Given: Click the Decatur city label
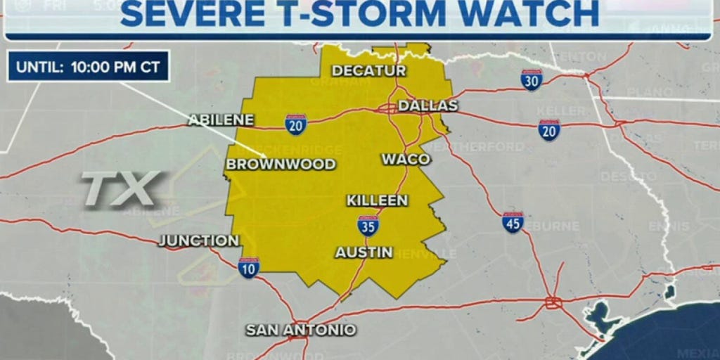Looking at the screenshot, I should click(368, 70).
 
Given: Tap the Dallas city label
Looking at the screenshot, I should click(427, 105).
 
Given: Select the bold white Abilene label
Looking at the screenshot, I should click(220, 120).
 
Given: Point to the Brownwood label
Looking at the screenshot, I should click(280, 165).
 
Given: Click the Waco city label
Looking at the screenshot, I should click(406, 159).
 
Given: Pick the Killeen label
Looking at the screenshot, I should click(377, 200).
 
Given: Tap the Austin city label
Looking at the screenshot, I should click(364, 252).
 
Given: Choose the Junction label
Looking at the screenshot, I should click(199, 240).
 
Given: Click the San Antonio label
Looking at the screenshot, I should click(300, 330).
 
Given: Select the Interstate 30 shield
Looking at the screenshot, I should click(532, 80).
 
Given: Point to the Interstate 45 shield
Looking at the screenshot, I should click(513, 222).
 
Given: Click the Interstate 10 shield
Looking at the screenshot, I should click(248, 267).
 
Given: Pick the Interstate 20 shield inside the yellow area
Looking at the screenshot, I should click(295, 124).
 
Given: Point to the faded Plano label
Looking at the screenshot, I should click(629, 92).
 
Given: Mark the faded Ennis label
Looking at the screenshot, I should click(669, 226).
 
